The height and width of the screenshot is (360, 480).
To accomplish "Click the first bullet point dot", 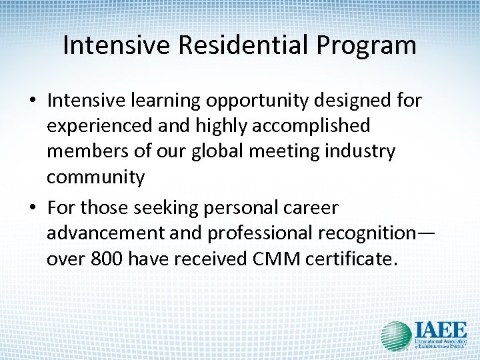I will click(33, 101).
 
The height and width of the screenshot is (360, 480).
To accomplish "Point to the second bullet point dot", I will click(33, 209).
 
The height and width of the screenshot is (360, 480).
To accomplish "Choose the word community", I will click(95, 177).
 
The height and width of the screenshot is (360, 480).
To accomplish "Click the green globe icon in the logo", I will click(395, 335).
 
